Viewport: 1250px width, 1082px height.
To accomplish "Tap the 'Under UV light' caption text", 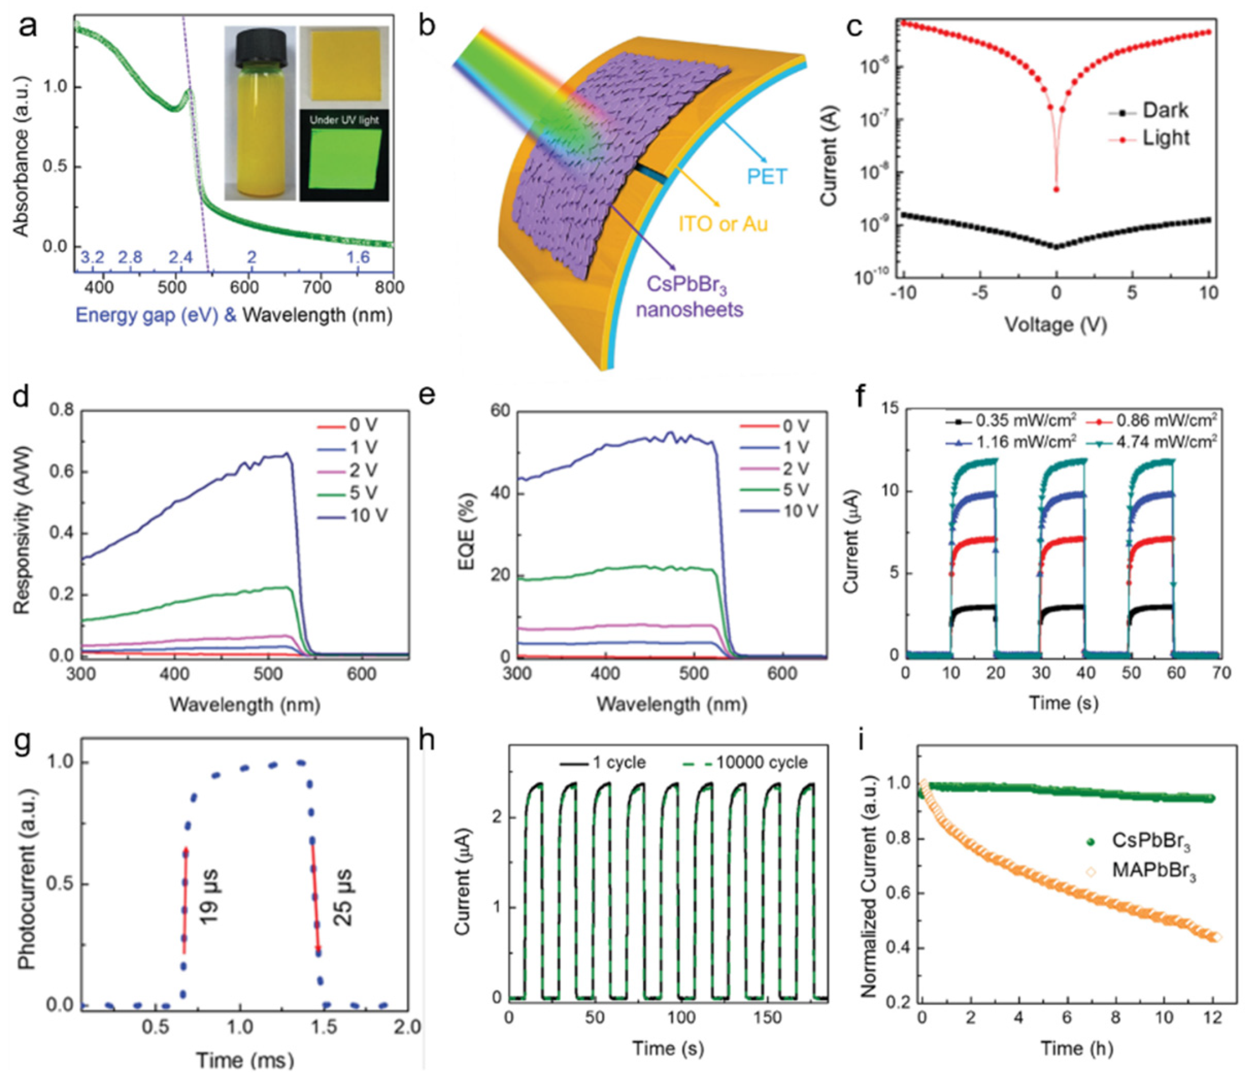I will tap(344, 120).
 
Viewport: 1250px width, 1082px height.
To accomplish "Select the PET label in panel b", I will tap(767, 176).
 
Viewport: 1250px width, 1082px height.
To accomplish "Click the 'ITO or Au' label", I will tap(723, 224).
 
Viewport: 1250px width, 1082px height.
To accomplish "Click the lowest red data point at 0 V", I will tap(1056, 190).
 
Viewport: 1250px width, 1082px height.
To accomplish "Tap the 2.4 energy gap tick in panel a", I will tap(180, 257).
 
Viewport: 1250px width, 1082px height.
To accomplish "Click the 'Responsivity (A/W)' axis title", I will tap(22, 531).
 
